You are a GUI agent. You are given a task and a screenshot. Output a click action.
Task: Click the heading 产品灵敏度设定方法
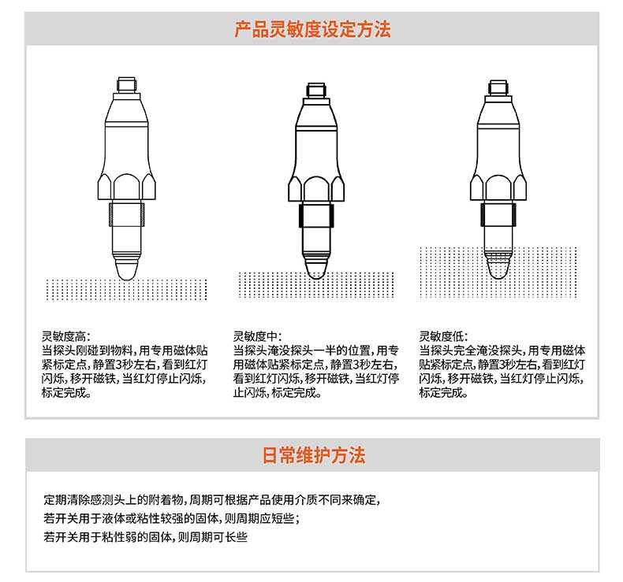point(312,29)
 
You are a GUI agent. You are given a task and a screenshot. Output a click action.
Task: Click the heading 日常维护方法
point(313,455)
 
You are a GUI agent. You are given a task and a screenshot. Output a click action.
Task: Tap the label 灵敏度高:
point(66,336)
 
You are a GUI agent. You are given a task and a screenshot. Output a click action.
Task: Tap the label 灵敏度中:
point(257,336)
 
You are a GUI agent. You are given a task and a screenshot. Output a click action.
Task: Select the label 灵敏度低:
point(444,336)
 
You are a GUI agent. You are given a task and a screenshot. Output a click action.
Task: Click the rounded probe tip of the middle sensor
point(316,269)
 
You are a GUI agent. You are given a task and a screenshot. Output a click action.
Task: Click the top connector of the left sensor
point(127,84)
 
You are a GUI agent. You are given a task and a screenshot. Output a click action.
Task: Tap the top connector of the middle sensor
point(316,90)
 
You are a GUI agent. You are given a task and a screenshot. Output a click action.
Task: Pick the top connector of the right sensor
point(498,87)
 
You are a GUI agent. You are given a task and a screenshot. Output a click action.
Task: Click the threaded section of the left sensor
point(127,214)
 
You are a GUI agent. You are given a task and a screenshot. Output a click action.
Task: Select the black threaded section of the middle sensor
point(316,216)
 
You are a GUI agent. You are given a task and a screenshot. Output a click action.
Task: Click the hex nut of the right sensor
point(498,187)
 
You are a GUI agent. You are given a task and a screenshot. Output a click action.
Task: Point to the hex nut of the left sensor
point(127,187)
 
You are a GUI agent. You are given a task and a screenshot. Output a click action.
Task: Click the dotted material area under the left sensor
point(127,290)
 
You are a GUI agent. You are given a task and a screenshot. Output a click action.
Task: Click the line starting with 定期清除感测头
point(212,499)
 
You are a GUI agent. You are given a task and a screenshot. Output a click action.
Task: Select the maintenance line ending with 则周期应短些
point(172,518)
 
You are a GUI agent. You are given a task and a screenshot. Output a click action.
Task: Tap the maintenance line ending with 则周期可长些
point(145,537)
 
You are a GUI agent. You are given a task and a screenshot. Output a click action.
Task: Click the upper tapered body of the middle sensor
point(316,115)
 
